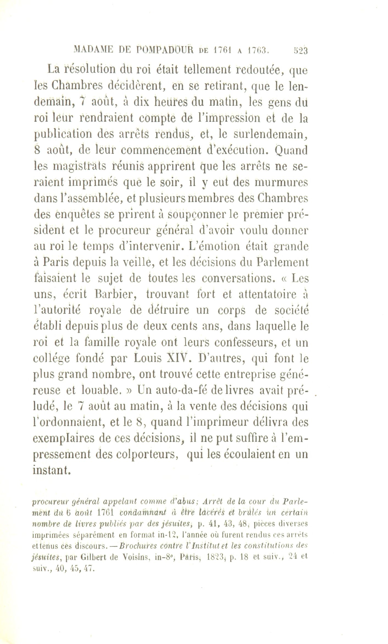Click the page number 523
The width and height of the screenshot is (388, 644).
point(300,51)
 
